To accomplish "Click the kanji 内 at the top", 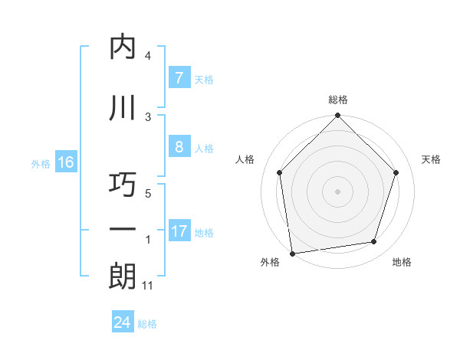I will (123, 47).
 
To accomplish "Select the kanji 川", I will (123, 108).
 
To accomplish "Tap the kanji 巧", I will (123, 185).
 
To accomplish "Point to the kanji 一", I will (123, 231).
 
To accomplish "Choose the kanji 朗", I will (123, 277).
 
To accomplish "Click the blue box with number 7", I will (179, 78).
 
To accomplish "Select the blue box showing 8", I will (179, 148).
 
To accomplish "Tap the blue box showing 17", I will (179, 231).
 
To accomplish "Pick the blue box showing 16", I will (66, 162).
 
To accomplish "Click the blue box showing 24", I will (123, 322).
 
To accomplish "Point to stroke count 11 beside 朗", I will (148, 286).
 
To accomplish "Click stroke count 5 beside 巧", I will (148, 194).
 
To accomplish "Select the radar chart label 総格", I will (338, 100).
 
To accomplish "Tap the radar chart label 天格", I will (432, 159).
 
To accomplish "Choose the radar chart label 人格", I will (245, 159).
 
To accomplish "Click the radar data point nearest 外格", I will (292, 253).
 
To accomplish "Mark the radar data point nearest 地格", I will (374, 242).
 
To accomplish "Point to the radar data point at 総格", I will (338, 116).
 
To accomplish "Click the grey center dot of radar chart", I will (338, 191).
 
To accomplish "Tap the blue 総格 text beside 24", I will (148, 324).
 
